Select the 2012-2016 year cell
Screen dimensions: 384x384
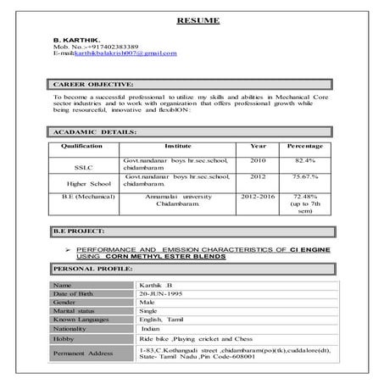257,196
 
